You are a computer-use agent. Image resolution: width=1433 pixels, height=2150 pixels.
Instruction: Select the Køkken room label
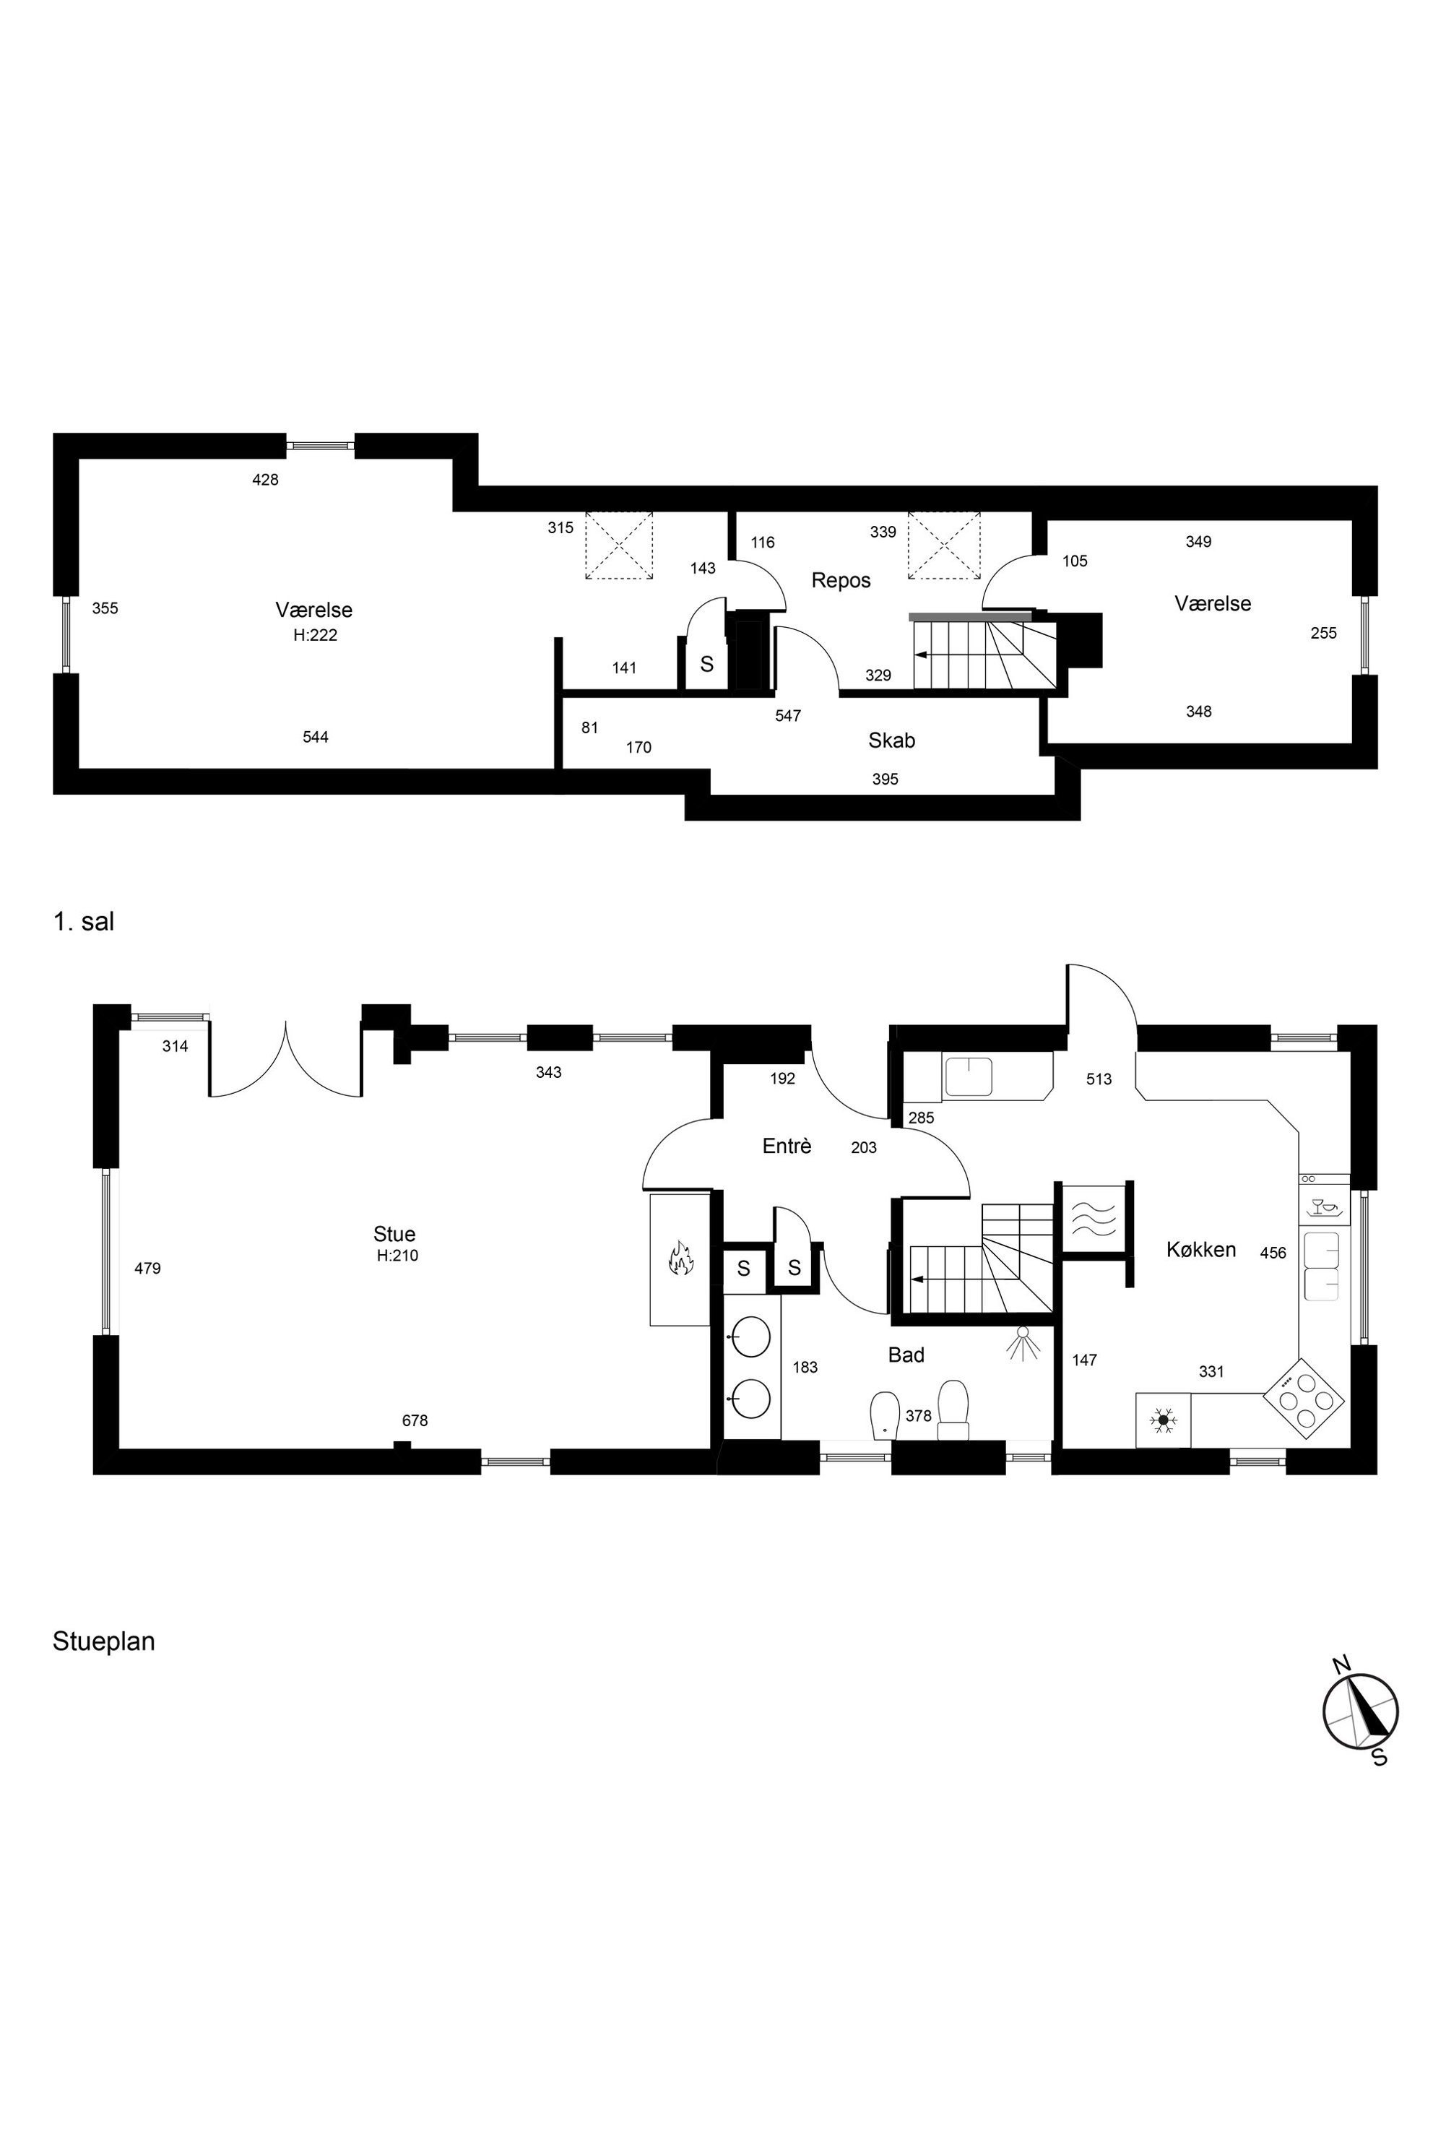coord(1201,1250)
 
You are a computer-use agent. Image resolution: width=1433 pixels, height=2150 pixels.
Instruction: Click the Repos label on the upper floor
coord(841,580)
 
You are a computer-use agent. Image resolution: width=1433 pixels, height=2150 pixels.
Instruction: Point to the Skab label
coord(891,741)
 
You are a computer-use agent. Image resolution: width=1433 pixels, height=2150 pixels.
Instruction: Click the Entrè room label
coord(787,1145)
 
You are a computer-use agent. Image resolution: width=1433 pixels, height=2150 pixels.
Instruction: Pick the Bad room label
coord(906,1355)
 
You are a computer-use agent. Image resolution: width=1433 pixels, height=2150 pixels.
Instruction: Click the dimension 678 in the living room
coord(415,1420)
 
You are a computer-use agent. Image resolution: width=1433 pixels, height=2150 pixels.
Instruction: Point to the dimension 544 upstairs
coord(316,737)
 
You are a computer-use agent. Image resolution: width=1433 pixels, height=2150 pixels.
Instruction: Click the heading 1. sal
coord(84,921)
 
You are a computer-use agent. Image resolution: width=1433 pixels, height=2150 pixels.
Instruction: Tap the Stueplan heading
coord(103,1641)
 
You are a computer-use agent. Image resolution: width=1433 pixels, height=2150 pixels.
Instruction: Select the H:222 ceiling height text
coord(316,635)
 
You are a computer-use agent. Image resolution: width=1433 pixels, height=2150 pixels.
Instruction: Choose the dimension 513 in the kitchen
coord(1099,1079)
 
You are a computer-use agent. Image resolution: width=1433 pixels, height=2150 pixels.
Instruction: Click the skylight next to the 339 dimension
coord(943,545)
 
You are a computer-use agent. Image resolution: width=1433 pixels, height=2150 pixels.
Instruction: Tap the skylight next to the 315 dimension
coord(619,545)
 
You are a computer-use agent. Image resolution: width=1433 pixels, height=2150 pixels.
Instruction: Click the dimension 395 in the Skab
coord(885,780)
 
